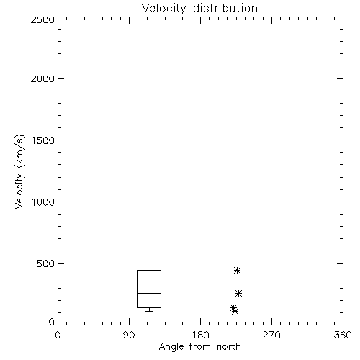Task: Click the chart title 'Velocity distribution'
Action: pos(199,9)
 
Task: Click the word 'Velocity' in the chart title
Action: pos(163,9)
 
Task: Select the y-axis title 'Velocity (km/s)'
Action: pos(19,171)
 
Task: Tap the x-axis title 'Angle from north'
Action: pos(200,347)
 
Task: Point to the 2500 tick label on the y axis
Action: pos(42,19)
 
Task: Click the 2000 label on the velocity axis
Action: pos(42,78)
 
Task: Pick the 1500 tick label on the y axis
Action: pos(43,140)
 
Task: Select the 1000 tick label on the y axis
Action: pos(43,202)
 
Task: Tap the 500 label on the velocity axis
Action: pos(46,264)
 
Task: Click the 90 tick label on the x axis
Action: pos(129,335)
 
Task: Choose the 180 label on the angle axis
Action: pos(200,335)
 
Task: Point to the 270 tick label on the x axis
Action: pos(271,335)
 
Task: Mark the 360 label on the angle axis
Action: pos(343,335)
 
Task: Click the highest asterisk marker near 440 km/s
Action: pos(237,271)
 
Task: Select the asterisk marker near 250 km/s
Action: pos(238,293)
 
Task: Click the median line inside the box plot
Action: pos(149,293)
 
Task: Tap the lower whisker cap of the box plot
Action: pos(149,311)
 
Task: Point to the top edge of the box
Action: pos(149,271)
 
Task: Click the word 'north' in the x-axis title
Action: pos(229,347)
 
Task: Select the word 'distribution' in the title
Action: pos(225,9)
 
